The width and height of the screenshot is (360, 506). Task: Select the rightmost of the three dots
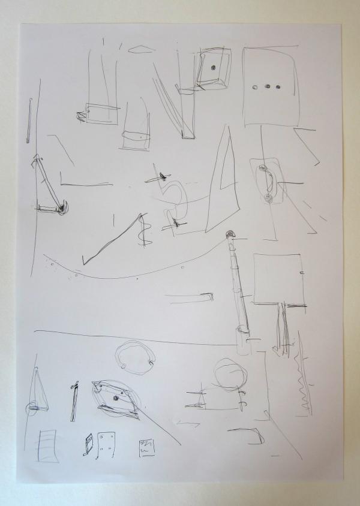[278, 86]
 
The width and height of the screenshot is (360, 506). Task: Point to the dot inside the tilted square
[213, 68]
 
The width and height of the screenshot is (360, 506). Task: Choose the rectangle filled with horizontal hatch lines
[47, 445]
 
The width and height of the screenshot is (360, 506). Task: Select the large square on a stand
[277, 279]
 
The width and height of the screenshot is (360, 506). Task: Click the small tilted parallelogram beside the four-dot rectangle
[89, 443]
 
